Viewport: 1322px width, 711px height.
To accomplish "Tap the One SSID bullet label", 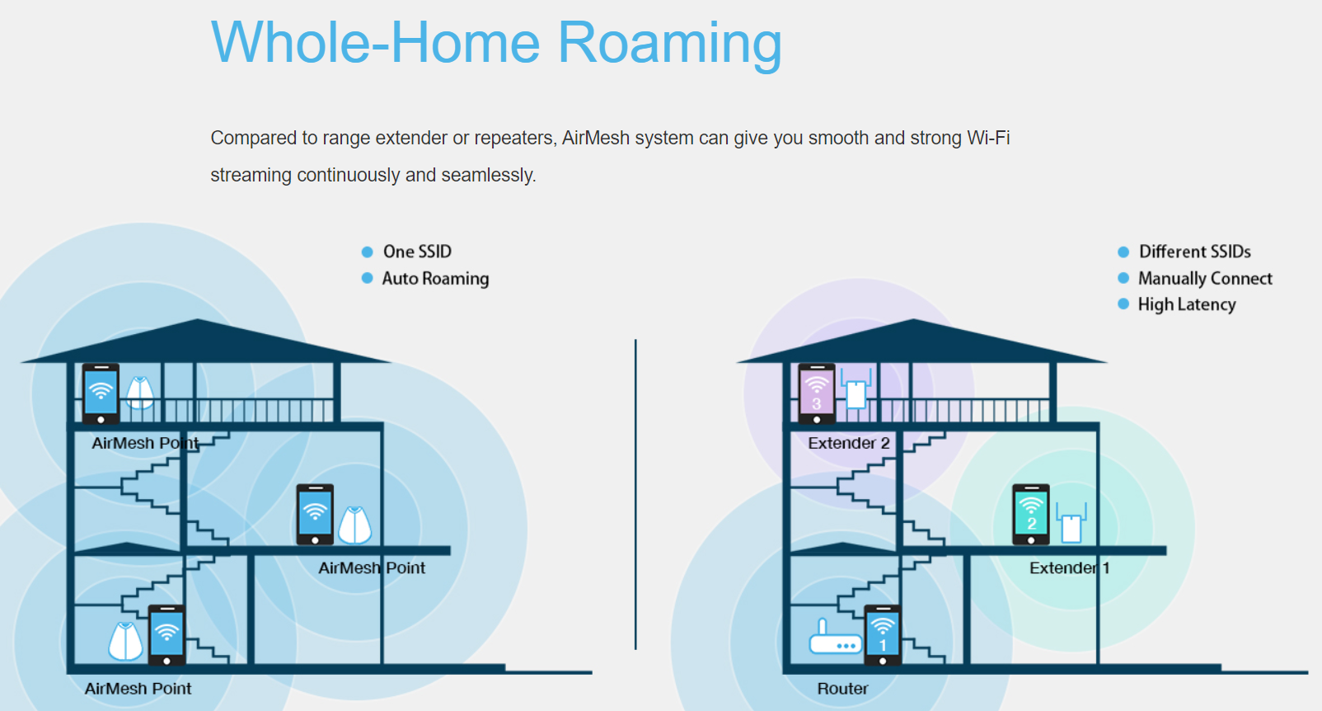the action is pos(417,252).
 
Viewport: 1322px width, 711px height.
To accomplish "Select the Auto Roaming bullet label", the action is pos(435,278).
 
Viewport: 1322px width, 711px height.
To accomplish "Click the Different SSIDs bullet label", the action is pos(1194,252).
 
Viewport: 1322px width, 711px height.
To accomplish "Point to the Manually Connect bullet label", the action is pos(1205,278).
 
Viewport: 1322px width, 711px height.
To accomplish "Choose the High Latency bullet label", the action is pos(1187,304).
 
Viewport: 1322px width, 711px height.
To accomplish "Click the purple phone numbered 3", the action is pos(817,394).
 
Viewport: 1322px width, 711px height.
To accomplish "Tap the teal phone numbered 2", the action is pos(1031,515).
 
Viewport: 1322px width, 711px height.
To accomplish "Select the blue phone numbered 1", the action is pos(883,635).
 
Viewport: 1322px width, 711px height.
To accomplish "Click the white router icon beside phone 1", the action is pos(835,637).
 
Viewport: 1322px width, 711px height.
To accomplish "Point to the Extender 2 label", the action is pos(849,443).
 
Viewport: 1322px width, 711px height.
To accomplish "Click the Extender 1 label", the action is pos(1070,568).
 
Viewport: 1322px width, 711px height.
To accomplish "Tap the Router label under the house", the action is pos(843,689).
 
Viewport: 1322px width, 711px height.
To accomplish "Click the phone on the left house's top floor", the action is pos(101,394).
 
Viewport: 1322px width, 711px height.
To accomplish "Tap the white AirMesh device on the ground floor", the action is pos(126,641).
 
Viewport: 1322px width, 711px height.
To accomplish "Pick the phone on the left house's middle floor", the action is pos(315,515).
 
